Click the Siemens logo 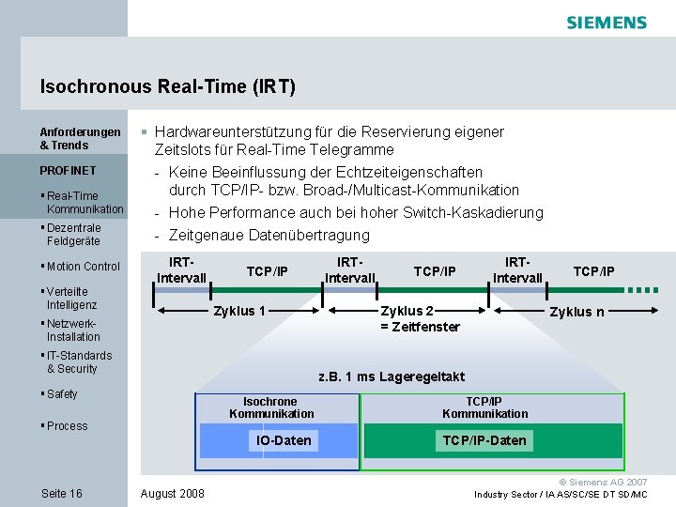606,23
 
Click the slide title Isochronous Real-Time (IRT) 168,87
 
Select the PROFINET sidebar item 68,171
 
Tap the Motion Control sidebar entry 82,267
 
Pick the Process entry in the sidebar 66,426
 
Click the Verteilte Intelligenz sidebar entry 71,299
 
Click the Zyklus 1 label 239,312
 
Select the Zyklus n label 576,312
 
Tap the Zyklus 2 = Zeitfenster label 419,319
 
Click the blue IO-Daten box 284,440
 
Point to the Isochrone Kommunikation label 271,407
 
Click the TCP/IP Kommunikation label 484,407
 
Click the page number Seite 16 62,494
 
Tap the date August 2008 172,494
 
